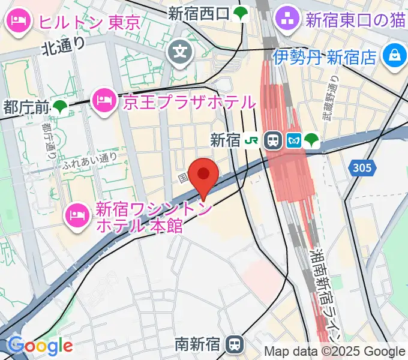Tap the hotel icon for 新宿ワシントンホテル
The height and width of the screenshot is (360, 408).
(79, 212)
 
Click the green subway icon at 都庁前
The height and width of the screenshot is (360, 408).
(60, 107)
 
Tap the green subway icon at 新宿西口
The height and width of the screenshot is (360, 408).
(241, 13)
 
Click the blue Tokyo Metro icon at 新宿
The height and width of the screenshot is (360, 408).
(293, 140)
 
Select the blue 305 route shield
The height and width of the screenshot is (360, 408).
(362, 168)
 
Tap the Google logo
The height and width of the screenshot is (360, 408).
(40, 346)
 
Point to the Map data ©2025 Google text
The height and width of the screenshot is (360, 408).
(335, 351)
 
